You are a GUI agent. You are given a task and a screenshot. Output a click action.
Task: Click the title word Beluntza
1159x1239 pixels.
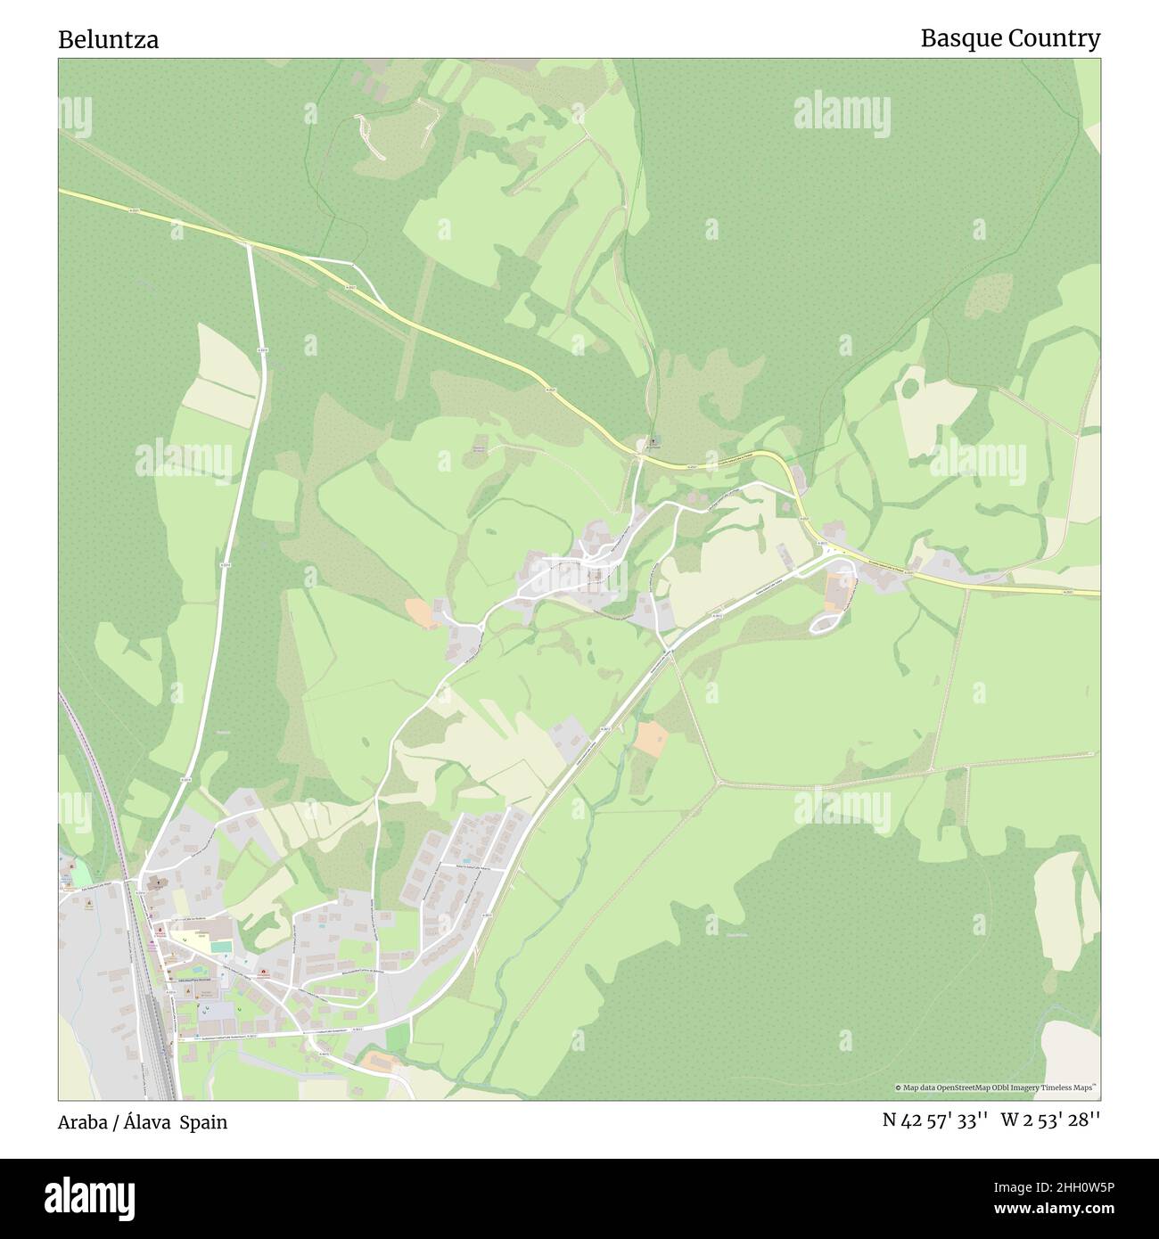point(109,40)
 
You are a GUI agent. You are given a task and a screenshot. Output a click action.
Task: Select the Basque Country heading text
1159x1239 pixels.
point(1010,38)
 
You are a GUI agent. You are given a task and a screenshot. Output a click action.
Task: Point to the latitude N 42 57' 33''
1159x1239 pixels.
point(934,1121)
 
